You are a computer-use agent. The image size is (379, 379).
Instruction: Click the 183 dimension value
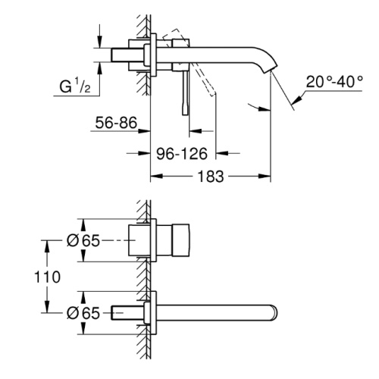[211, 177]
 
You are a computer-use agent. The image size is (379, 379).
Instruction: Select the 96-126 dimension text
[182, 154]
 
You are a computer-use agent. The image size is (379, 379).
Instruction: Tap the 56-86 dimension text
[116, 123]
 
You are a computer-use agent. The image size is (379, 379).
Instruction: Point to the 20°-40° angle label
[334, 82]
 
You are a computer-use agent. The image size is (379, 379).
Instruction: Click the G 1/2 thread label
[75, 86]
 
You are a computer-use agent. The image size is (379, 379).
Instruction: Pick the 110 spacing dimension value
[47, 277]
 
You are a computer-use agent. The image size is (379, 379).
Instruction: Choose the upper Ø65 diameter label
[83, 240]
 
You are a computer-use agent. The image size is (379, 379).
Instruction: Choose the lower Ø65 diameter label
[83, 313]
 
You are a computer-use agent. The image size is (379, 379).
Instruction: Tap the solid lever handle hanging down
[185, 93]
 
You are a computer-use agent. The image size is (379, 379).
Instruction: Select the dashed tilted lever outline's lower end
[213, 95]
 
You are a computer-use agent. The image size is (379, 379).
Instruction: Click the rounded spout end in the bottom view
[274, 313]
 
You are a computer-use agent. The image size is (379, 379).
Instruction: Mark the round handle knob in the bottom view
[181, 240]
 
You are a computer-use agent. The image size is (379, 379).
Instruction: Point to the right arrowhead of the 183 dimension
[265, 176]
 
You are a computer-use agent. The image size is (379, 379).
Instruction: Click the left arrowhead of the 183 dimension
[157, 176]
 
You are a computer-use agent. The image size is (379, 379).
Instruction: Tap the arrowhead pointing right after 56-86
[144, 131]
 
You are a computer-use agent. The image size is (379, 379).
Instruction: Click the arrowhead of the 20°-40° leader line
[297, 100]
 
